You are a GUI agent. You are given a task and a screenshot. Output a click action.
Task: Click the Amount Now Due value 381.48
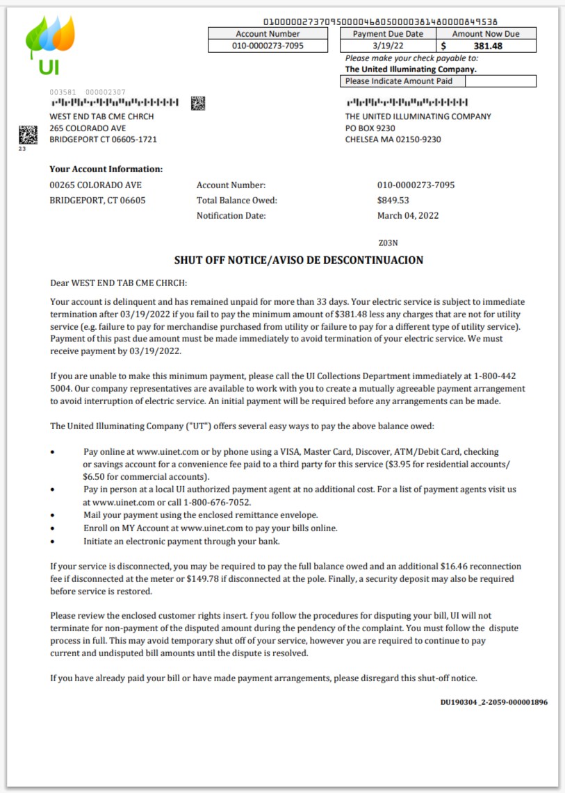coord(487,47)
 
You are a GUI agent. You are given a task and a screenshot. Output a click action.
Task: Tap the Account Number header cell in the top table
coord(268,33)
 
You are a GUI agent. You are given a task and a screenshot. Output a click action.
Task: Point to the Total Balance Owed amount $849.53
coord(393,200)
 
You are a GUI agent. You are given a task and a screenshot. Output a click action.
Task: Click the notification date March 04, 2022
coord(408,215)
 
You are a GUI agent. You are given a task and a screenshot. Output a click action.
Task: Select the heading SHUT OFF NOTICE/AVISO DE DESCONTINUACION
coord(298,260)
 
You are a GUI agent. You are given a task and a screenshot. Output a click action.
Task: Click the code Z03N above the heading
coord(388,243)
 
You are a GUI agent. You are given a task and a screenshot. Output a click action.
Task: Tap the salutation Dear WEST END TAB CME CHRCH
coord(119,283)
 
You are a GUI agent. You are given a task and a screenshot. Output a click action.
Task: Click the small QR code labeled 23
coord(27,134)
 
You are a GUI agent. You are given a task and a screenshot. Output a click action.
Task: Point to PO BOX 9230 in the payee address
coord(370,128)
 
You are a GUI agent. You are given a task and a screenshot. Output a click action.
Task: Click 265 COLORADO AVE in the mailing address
coord(88,128)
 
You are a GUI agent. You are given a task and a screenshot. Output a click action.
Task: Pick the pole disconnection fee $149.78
coord(205,578)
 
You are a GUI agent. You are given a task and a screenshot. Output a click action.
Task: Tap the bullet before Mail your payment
coord(54,515)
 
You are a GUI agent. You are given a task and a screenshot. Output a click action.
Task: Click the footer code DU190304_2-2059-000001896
coord(493,702)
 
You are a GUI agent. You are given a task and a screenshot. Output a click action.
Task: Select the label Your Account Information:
coord(106,169)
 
